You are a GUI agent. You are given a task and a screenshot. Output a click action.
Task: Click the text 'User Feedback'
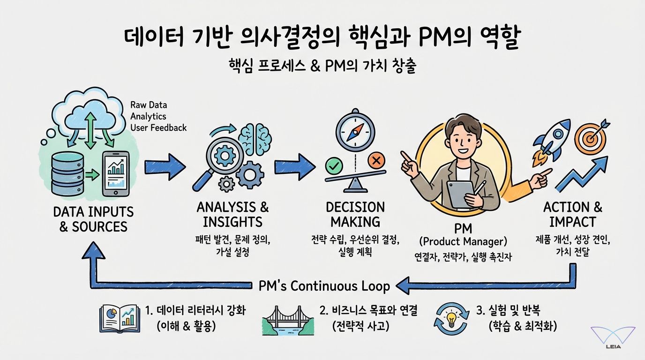pyautogui.click(x=158, y=127)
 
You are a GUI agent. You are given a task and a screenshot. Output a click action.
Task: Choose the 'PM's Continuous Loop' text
pyautogui.click(x=324, y=286)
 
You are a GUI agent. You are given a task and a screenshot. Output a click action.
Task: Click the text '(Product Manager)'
pyautogui.click(x=463, y=242)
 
